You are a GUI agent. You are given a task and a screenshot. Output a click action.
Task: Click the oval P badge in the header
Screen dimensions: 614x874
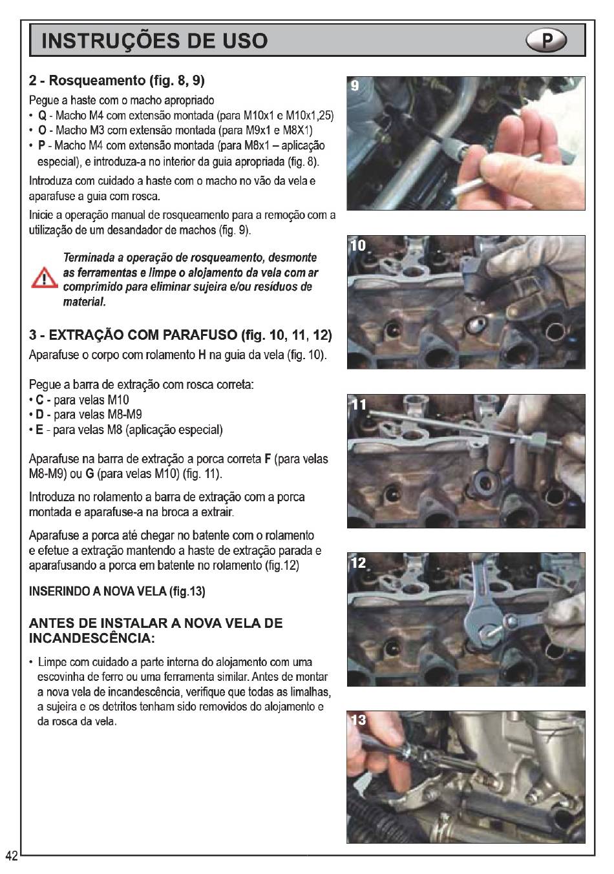coord(546,40)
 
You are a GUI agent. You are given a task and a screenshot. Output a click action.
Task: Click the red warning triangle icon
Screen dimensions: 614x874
coord(45,278)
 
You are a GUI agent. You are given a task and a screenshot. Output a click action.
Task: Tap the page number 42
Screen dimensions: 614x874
coord(12,856)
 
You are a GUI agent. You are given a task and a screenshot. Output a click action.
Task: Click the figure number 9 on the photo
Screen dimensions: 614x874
coord(354,85)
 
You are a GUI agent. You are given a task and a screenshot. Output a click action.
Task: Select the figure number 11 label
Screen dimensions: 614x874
coord(358,404)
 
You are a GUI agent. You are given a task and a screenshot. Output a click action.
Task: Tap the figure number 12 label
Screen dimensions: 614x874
coord(358,562)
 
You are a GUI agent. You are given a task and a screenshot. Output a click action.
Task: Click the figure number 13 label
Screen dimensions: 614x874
coord(358,720)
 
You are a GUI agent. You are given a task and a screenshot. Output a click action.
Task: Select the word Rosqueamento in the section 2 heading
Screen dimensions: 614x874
coord(97,80)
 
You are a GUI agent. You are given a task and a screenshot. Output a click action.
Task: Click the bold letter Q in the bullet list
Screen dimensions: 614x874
coord(42,116)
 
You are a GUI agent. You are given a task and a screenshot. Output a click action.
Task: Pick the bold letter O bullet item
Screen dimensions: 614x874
coord(42,130)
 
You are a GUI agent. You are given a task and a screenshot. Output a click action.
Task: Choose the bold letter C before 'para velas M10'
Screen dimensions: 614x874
coord(40,400)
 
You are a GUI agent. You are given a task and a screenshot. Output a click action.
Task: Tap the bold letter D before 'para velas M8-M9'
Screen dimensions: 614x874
coord(40,414)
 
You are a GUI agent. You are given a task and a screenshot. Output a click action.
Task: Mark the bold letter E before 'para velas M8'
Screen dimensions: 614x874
coord(39,430)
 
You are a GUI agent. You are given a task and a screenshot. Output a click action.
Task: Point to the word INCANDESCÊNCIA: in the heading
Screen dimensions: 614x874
coord(92,638)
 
